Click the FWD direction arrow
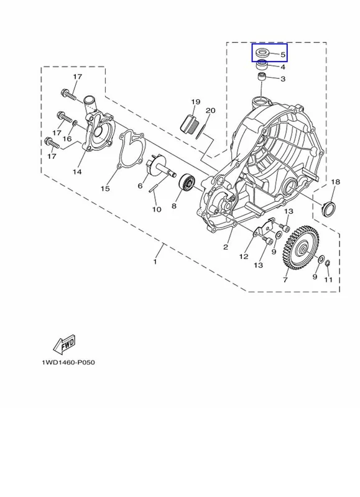pos(65,344)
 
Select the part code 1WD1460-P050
pos(68,362)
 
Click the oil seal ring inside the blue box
pos(262,52)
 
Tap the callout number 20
pos(210,111)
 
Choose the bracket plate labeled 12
pos(264,227)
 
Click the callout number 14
pos(77,172)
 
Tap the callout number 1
pos(155,262)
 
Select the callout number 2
pos(226,247)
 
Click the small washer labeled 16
pos(75,122)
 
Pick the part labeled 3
pos(262,76)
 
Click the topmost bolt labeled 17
pos(68,94)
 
